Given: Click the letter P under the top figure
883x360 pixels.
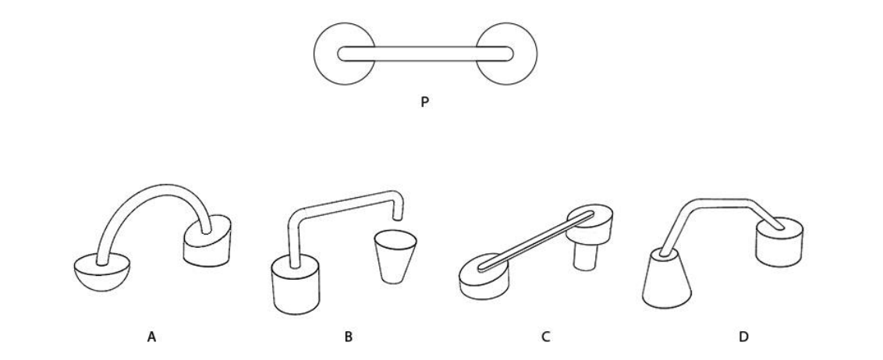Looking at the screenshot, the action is click(x=424, y=102).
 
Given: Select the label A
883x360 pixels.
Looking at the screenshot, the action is click(x=151, y=337).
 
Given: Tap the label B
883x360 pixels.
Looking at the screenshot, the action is click(x=349, y=337).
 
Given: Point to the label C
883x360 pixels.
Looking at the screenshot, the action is click(x=545, y=337).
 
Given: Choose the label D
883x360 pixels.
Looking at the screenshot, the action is click(x=743, y=337).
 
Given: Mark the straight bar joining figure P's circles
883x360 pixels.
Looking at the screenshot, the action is click(x=426, y=54).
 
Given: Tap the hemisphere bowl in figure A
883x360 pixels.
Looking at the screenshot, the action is click(x=102, y=274).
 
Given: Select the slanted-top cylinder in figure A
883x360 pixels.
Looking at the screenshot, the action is click(x=207, y=242).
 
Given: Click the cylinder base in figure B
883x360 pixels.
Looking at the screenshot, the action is click(x=296, y=284).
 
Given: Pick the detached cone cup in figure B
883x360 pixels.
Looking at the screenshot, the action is click(x=395, y=256).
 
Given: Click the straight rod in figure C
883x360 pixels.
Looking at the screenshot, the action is click(x=536, y=242).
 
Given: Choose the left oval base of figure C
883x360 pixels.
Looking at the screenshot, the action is click(x=484, y=276).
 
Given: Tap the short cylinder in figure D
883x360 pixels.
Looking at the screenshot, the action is click(x=779, y=242).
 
